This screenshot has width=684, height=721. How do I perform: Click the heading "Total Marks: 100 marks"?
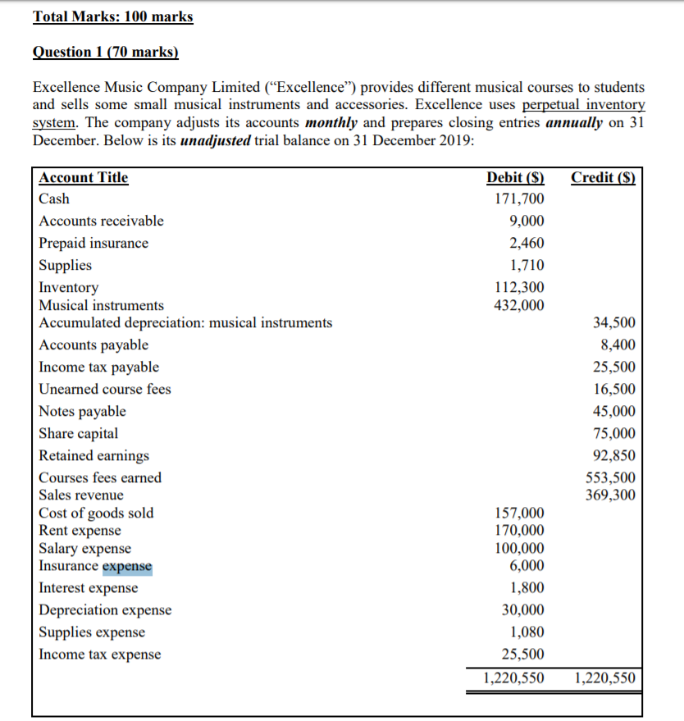113,16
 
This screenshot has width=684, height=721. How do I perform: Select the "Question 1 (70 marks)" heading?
105,52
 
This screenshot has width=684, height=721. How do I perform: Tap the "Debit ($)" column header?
515,177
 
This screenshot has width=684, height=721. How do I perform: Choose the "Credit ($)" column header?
603,177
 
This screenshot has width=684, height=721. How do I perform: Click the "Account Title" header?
84,177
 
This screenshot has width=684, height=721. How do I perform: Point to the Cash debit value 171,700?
519,199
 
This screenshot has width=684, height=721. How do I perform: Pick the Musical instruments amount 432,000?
519,305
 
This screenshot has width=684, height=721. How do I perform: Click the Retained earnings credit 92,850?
613,455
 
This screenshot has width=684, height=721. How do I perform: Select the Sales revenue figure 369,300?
609,495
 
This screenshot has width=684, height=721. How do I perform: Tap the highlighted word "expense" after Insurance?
127,565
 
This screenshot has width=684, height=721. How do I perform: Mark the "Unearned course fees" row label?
105,389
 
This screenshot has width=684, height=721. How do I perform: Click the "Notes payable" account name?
83,411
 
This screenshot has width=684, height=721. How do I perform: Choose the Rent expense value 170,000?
519,531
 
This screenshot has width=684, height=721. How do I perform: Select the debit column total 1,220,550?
512,678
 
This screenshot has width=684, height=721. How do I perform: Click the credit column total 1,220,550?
604,678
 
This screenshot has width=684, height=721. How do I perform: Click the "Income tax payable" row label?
99,367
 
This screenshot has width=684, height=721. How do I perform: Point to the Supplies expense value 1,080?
526,632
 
